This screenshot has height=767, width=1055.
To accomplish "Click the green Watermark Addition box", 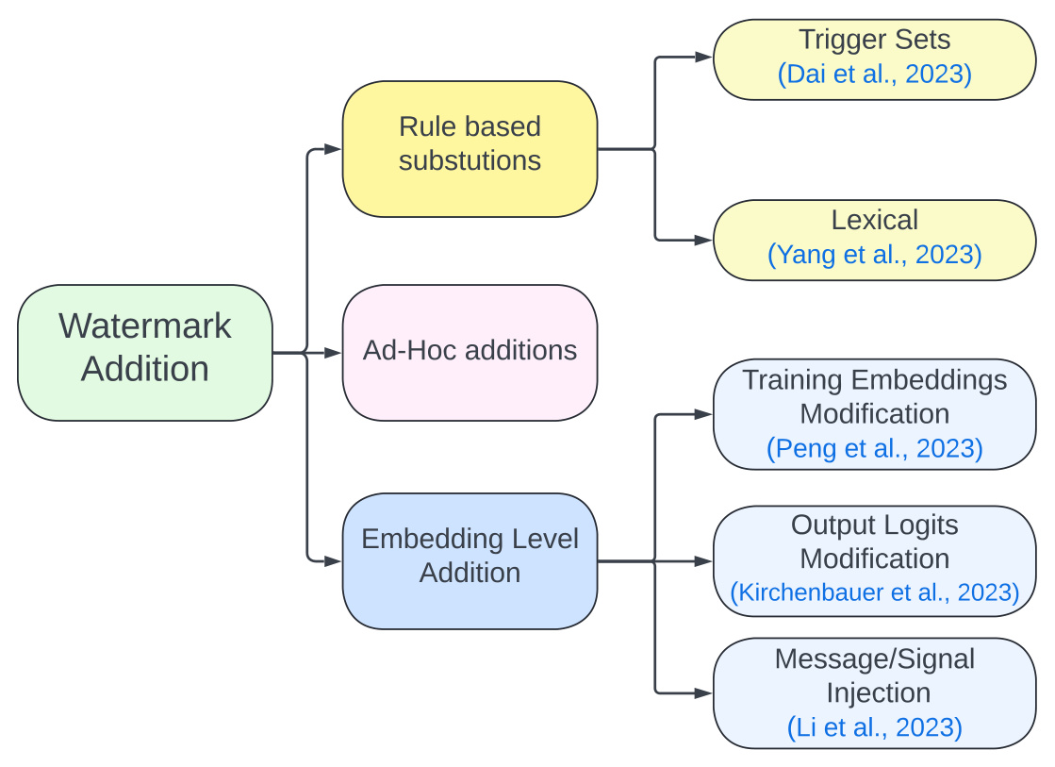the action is [144, 353].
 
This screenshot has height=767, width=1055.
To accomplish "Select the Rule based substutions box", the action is [470, 149].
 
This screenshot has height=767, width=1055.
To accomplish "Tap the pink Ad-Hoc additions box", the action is [470, 353].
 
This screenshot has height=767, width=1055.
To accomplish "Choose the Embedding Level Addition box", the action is [470, 561].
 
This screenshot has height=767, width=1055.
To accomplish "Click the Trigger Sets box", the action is [875, 59].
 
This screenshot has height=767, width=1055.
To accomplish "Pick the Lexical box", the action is [875, 240].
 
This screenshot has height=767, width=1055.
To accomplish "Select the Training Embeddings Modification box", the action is [875, 414].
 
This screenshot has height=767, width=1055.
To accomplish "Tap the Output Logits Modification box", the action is [875, 561].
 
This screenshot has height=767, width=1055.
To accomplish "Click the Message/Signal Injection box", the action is [875, 692].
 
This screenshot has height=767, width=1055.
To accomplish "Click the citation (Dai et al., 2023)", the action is [875, 75].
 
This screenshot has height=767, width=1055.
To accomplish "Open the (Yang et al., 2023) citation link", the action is [875, 255].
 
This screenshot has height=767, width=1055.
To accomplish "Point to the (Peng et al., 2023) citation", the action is [875, 448].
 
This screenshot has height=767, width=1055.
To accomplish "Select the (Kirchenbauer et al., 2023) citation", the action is [875, 592].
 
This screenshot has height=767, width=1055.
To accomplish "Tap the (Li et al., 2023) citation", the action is [875, 727].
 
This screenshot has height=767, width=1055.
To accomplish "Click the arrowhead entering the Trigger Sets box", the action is [703, 58].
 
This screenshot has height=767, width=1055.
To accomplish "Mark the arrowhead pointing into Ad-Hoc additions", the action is [333, 353].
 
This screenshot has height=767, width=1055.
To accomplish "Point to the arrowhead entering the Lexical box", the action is [703, 240].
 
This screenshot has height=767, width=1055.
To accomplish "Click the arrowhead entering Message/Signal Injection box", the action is [703, 692].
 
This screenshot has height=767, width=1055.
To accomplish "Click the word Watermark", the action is [144, 326].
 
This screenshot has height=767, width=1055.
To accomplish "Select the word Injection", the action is [878, 692].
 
